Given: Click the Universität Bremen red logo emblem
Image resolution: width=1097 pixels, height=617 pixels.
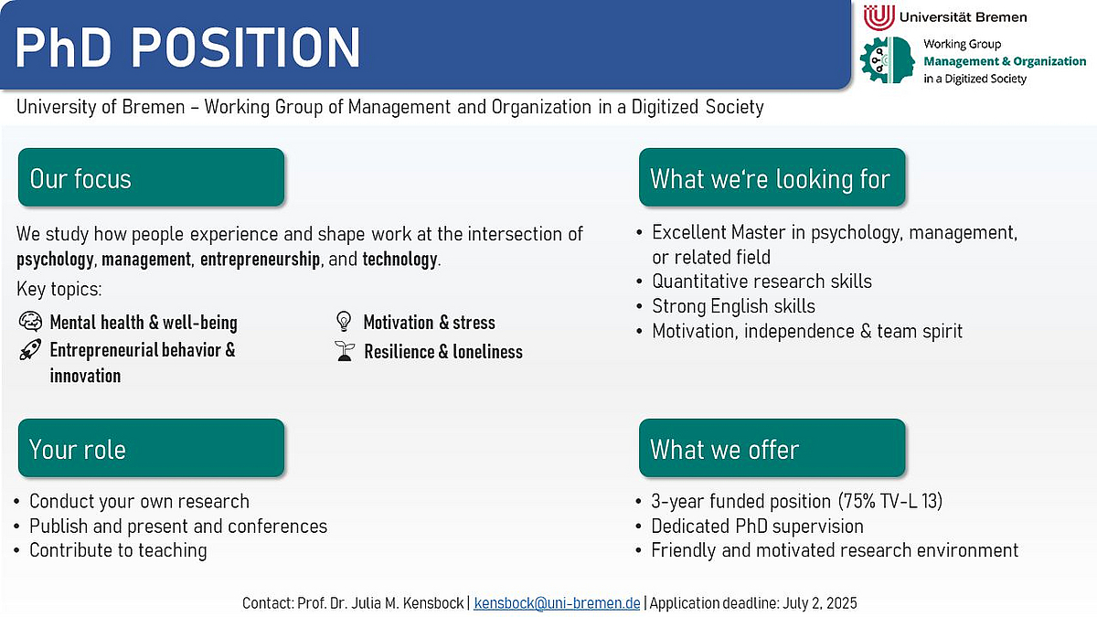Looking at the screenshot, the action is (x=879, y=17).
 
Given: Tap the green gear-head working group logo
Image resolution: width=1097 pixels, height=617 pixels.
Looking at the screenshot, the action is (x=887, y=60).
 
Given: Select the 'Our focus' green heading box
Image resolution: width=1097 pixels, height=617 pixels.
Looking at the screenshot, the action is (x=152, y=177).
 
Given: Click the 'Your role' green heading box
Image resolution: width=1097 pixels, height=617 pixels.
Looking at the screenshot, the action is (x=152, y=448).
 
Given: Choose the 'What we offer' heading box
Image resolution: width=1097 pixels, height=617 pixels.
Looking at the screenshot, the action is (x=772, y=448).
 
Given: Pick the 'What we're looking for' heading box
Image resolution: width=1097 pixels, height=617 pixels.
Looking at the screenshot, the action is (x=772, y=177).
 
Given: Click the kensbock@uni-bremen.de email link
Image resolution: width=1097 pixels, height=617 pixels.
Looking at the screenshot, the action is (x=557, y=602).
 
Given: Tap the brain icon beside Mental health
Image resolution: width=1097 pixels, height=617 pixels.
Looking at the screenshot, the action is (x=30, y=322).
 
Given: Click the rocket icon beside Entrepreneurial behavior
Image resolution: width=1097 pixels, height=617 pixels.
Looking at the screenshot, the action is (x=30, y=349).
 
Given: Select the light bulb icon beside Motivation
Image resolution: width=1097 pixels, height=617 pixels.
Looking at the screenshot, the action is (x=344, y=321).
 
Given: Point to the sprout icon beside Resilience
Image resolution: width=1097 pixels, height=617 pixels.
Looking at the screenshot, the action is (x=345, y=351).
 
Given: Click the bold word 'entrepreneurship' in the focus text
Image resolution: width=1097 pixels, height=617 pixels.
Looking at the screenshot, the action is (x=260, y=260).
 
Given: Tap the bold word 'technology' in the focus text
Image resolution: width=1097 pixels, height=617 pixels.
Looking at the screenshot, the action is (x=399, y=259).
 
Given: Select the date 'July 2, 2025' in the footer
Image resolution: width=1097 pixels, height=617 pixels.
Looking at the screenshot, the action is (x=820, y=602).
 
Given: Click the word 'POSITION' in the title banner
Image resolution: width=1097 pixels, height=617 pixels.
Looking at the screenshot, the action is (x=245, y=47).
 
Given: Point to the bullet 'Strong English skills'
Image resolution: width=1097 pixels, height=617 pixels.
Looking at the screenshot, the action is (x=733, y=306).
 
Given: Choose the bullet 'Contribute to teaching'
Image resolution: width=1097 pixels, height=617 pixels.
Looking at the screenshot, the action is (x=118, y=550).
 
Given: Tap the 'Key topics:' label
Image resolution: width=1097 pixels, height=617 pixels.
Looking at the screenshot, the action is (x=59, y=289).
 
